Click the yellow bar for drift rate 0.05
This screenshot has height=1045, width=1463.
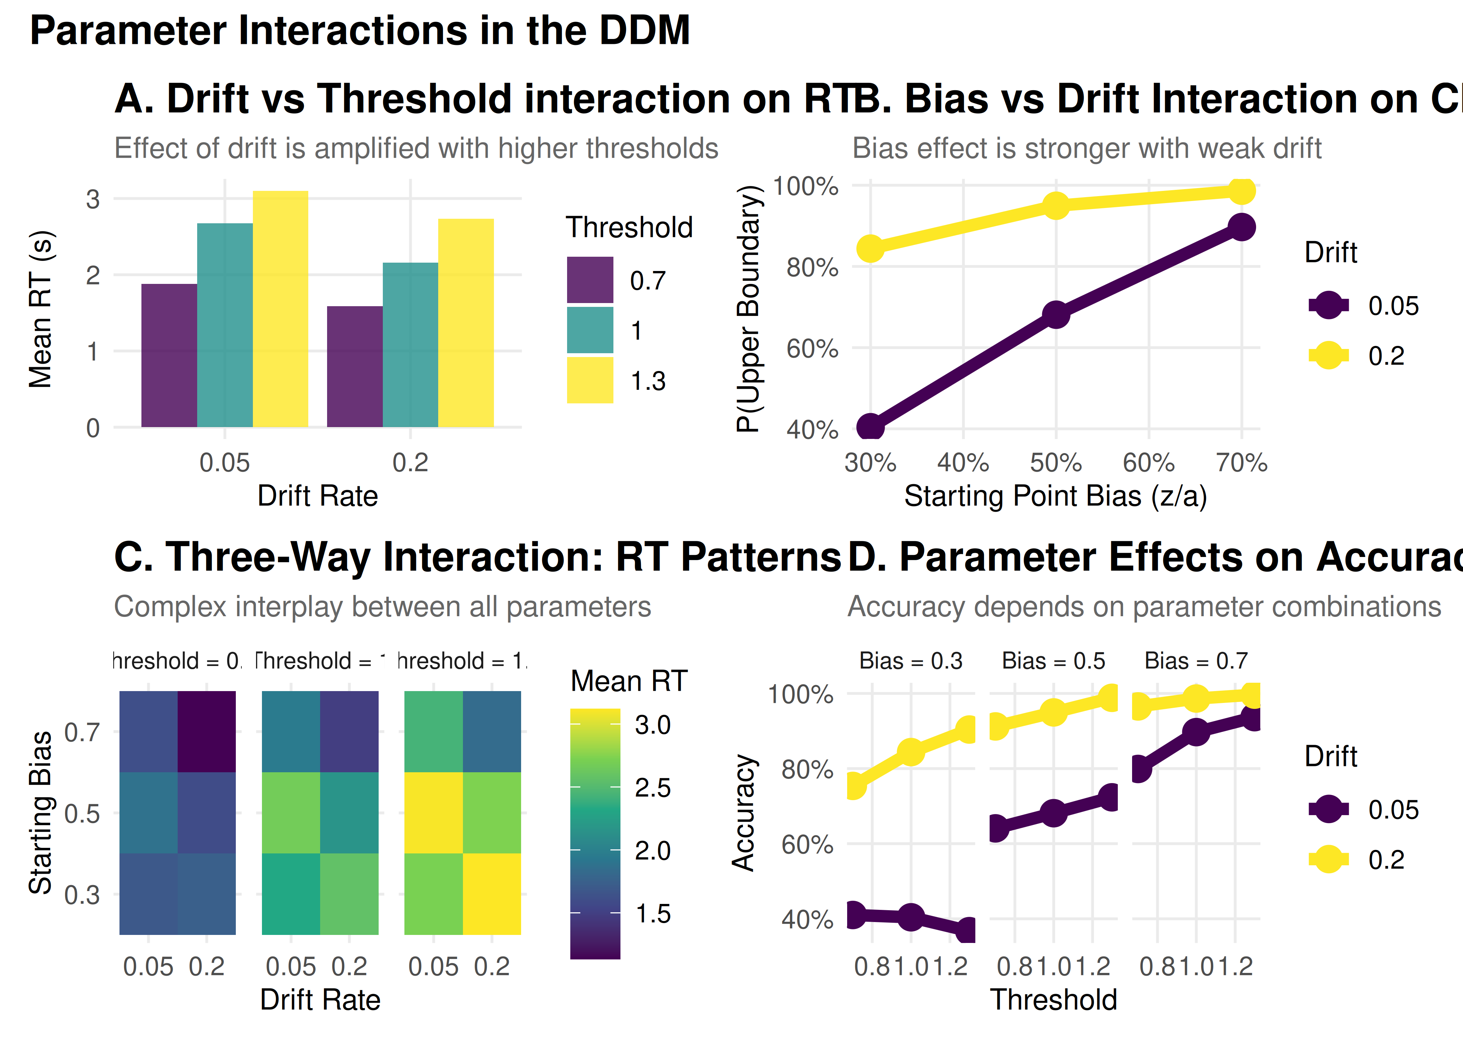tap(280, 309)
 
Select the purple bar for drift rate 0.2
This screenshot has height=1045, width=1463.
tap(355, 367)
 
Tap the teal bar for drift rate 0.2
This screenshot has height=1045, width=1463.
tap(410, 345)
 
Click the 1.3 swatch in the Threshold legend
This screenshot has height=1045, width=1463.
tap(589, 380)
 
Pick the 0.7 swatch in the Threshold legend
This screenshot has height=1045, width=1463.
tap(589, 280)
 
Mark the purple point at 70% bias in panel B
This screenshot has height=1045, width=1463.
tap(1241, 227)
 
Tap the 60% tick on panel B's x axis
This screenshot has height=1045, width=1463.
tap(1148, 463)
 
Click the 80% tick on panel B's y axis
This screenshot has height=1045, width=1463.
tap(812, 267)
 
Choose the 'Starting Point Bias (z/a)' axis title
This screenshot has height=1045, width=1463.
tap(1055, 496)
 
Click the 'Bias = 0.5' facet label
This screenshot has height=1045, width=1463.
tap(1053, 661)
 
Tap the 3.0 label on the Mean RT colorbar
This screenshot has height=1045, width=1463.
tap(652, 725)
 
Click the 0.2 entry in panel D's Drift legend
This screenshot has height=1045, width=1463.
tap(1386, 860)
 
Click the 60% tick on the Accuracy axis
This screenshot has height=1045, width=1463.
tap(807, 844)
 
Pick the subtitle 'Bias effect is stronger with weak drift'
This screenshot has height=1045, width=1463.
tap(1087, 149)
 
